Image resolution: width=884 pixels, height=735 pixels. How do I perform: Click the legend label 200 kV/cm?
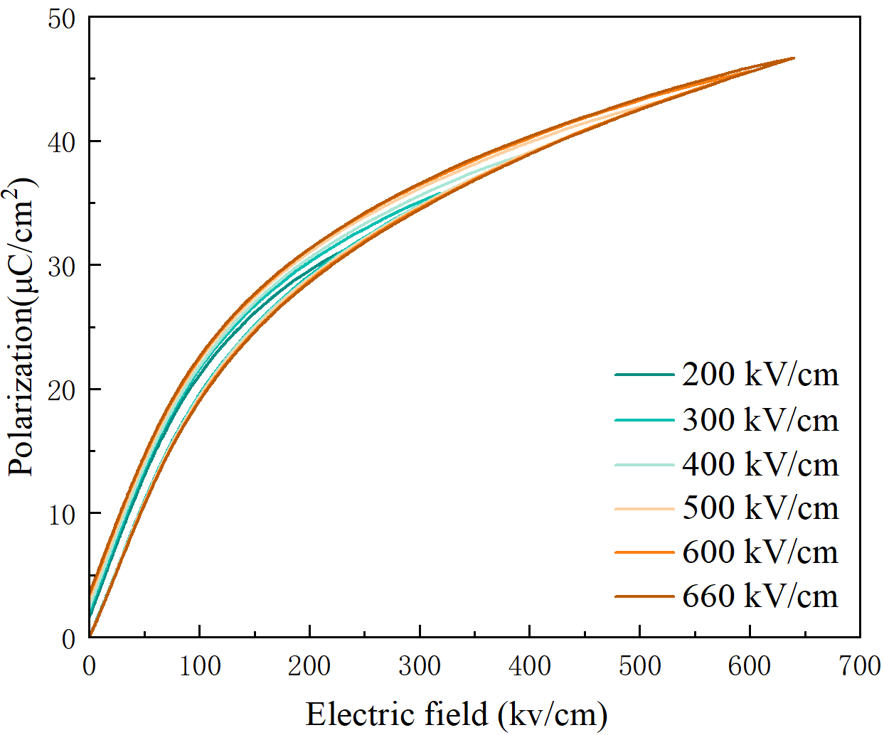[x=760, y=375]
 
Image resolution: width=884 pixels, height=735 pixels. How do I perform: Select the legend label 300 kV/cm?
[x=760, y=420]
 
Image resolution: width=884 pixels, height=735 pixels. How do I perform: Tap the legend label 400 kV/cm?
[x=760, y=464]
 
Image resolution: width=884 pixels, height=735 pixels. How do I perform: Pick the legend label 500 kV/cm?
[x=760, y=508]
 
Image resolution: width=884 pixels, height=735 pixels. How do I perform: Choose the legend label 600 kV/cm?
[x=760, y=552]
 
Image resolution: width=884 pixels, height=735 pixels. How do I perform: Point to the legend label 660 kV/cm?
[x=760, y=596]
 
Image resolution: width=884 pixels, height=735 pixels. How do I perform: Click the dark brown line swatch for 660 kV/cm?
[x=644, y=596]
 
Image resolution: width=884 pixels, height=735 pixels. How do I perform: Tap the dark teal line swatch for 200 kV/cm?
[x=644, y=375]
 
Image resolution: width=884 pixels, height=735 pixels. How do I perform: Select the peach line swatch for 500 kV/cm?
[x=644, y=508]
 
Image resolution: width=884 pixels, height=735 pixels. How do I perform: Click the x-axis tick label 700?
[x=859, y=667]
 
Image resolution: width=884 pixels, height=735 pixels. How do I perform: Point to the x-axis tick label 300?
[x=420, y=667]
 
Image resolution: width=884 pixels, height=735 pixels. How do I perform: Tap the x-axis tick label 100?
[x=200, y=667]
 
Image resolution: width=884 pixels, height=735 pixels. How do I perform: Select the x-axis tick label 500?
[x=639, y=667]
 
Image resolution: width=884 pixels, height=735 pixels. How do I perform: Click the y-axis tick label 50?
[x=62, y=18]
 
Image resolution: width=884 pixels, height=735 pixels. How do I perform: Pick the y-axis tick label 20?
[x=62, y=390]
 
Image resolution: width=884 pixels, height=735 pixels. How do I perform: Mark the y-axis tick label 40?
[x=62, y=142]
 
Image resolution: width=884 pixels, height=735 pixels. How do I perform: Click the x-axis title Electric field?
[x=457, y=714]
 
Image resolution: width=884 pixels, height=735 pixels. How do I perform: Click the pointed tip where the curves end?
[x=794, y=58]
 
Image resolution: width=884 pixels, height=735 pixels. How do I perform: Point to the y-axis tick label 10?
[x=62, y=514]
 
